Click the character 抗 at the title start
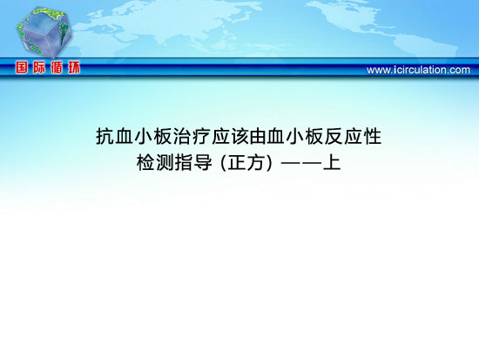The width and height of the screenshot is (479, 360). pyautogui.click(x=105, y=136)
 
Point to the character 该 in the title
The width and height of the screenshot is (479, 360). pyautogui.click(x=239, y=136)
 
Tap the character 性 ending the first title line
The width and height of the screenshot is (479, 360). pyautogui.click(x=373, y=136)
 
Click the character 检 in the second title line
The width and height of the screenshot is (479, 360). pyautogui.click(x=146, y=162)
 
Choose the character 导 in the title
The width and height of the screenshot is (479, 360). pyautogui.click(x=203, y=162)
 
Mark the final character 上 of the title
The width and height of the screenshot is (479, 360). pyautogui.click(x=332, y=162)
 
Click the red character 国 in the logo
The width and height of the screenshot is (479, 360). pyautogui.click(x=22, y=67)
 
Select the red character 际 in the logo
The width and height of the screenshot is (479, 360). pyautogui.click(x=39, y=67)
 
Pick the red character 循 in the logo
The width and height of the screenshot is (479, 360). pyautogui.click(x=57, y=67)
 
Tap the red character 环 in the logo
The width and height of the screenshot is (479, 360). pyautogui.click(x=74, y=67)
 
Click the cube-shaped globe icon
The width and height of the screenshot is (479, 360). pyautogui.click(x=44, y=32)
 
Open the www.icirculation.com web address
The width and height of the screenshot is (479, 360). pyautogui.click(x=418, y=70)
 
